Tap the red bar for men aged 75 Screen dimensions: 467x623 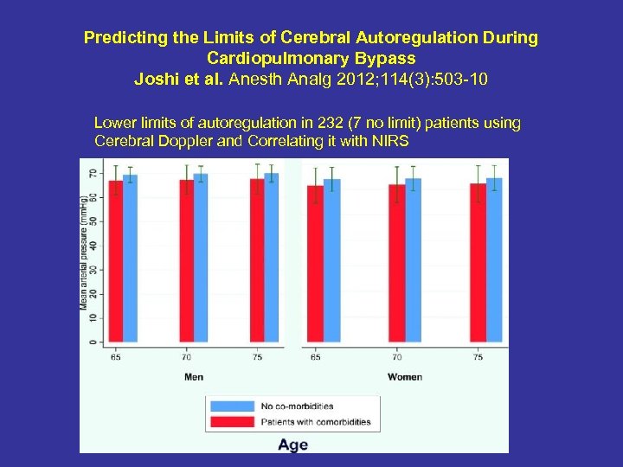pos(257,260)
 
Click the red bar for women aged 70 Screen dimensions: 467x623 pos(397,263)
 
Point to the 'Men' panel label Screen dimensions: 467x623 pos(195,376)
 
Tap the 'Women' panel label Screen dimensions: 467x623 pos(405,376)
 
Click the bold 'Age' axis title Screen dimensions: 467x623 pos(292,445)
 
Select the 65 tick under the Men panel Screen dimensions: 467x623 pos(115,355)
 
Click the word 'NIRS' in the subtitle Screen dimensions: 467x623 pos(389,140)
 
